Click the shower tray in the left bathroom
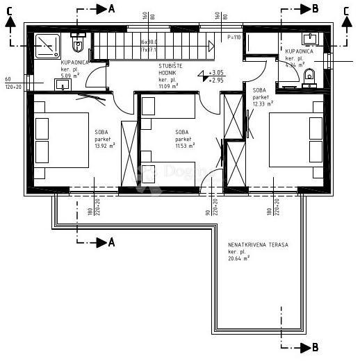(46, 43)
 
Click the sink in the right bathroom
(311, 37)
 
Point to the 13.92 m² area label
(105, 146)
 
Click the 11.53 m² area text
(185, 146)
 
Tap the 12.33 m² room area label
(262, 103)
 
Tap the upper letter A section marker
(111, 9)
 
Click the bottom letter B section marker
(315, 346)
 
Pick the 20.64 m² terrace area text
(238, 259)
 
